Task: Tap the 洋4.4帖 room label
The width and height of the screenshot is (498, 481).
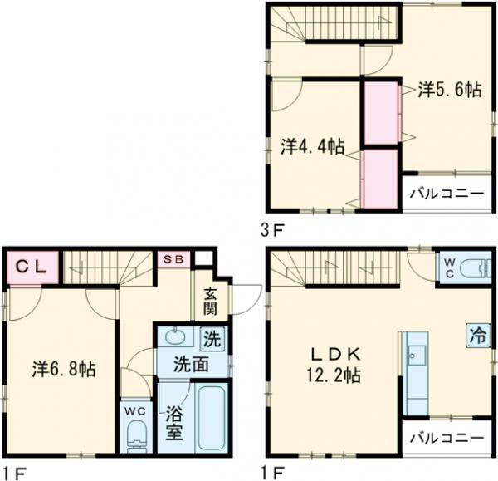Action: [x=312, y=146]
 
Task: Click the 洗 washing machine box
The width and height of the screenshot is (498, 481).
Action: [x=213, y=339]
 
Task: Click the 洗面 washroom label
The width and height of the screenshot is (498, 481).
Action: [x=190, y=364]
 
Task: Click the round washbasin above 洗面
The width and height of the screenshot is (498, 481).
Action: [x=175, y=337]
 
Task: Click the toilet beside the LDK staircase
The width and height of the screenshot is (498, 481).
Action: [x=474, y=269]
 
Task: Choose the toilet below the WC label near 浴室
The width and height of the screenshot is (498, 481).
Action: [x=137, y=437]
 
